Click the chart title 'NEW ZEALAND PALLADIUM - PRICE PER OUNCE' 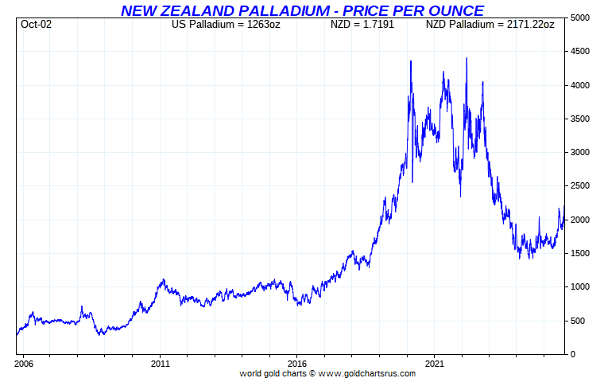pos(302,10)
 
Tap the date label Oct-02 pos(37,24)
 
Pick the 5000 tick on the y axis pos(582,18)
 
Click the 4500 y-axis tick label pos(582,52)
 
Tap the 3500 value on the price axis pos(582,119)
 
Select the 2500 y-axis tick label pos(582,186)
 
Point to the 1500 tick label pos(582,253)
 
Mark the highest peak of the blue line pos(466,58)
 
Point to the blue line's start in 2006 pos(17,334)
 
